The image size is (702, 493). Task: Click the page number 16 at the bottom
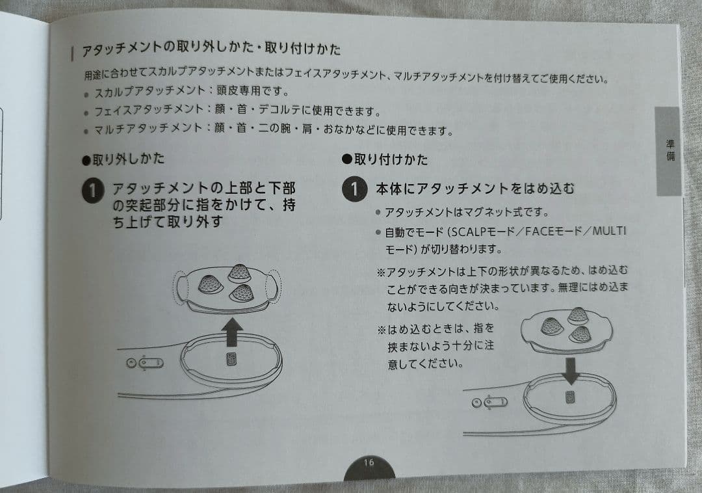(369, 463)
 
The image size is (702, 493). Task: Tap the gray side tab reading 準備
(669, 152)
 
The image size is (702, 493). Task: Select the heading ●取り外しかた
(123, 159)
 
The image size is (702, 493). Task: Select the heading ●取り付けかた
(385, 160)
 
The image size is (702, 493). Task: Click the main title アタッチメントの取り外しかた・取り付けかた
(211, 50)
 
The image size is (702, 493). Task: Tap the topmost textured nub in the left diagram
(240, 273)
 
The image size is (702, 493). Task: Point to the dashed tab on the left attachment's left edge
(180, 286)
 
